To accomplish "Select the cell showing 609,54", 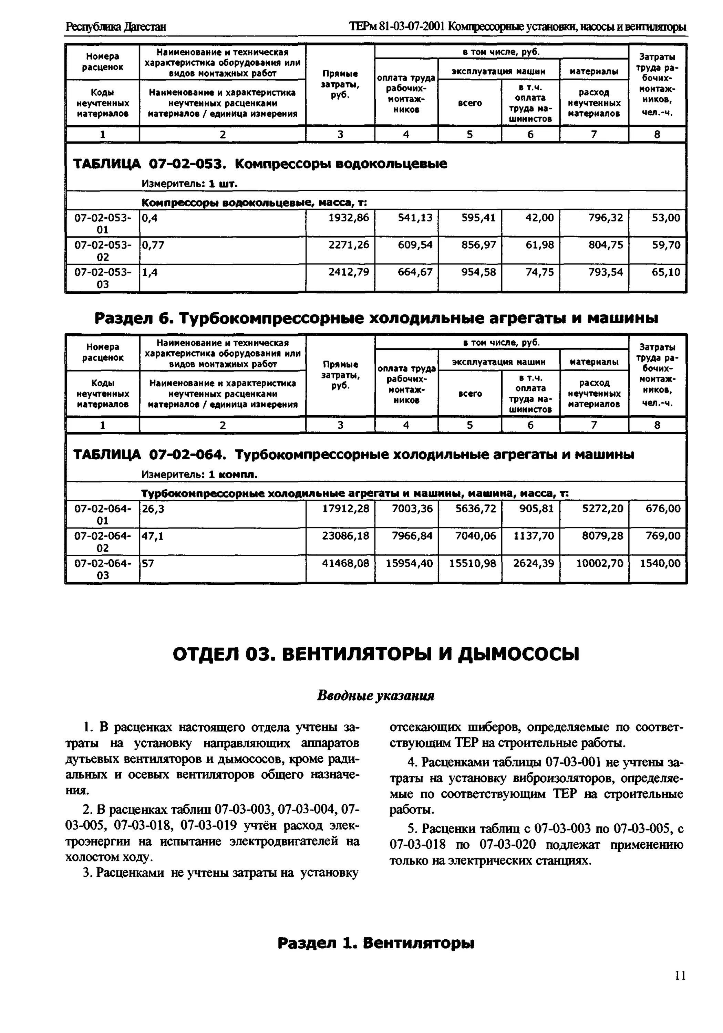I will point(415,245).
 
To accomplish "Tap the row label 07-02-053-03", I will point(103,278).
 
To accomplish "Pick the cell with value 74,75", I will point(539,272).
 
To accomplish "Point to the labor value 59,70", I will point(666,245).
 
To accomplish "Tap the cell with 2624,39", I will point(534,563).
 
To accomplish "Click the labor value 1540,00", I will point(660,563).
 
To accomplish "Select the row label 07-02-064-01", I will point(103,514).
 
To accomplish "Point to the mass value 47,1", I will point(153,535).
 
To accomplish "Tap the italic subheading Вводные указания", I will point(375,696).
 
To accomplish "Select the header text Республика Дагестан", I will point(116,27).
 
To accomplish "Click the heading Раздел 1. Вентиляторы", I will point(375,942).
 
